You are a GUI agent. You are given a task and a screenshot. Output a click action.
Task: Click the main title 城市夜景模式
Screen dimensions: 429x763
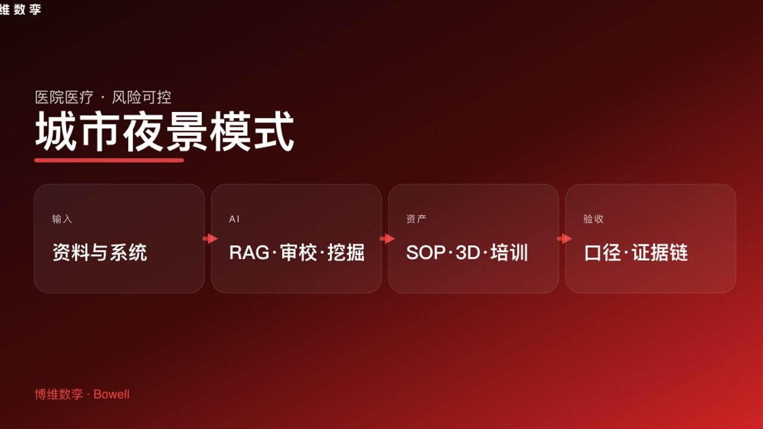(x=165, y=132)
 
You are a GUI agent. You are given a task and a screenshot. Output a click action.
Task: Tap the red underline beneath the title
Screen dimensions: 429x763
(x=109, y=160)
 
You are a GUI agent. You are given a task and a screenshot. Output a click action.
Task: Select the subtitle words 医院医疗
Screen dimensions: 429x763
(x=64, y=98)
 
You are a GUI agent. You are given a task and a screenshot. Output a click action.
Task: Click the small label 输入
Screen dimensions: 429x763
(x=62, y=219)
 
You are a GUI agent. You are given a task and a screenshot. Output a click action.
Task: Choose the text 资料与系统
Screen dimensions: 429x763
(x=100, y=253)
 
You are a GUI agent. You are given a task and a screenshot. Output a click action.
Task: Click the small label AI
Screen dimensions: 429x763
(x=234, y=219)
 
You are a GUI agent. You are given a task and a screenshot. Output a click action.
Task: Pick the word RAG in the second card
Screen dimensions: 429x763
(x=249, y=253)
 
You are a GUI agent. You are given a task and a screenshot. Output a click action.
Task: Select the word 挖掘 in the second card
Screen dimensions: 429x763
(x=346, y=253)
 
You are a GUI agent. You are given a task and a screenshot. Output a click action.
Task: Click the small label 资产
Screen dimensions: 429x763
(x=416, y=219)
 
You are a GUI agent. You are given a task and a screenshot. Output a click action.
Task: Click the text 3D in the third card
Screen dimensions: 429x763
(x=468, y=253)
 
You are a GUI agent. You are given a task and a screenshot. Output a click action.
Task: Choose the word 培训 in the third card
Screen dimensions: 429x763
(x=510, y=253)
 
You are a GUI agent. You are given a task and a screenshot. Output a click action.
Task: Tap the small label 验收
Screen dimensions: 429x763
(x=593, y=219)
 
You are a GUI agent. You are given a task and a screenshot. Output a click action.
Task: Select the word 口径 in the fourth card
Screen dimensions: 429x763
(x=603, y=253)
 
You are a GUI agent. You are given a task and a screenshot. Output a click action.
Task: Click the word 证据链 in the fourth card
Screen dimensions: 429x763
(x=660, y=253)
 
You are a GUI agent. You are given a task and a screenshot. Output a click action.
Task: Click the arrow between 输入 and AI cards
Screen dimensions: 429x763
(x=210, y=239)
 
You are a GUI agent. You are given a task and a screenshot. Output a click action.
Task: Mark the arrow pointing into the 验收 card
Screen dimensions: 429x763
(x=564, y=239)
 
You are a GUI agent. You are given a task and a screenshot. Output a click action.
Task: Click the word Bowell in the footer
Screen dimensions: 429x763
(x=111, y=394)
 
